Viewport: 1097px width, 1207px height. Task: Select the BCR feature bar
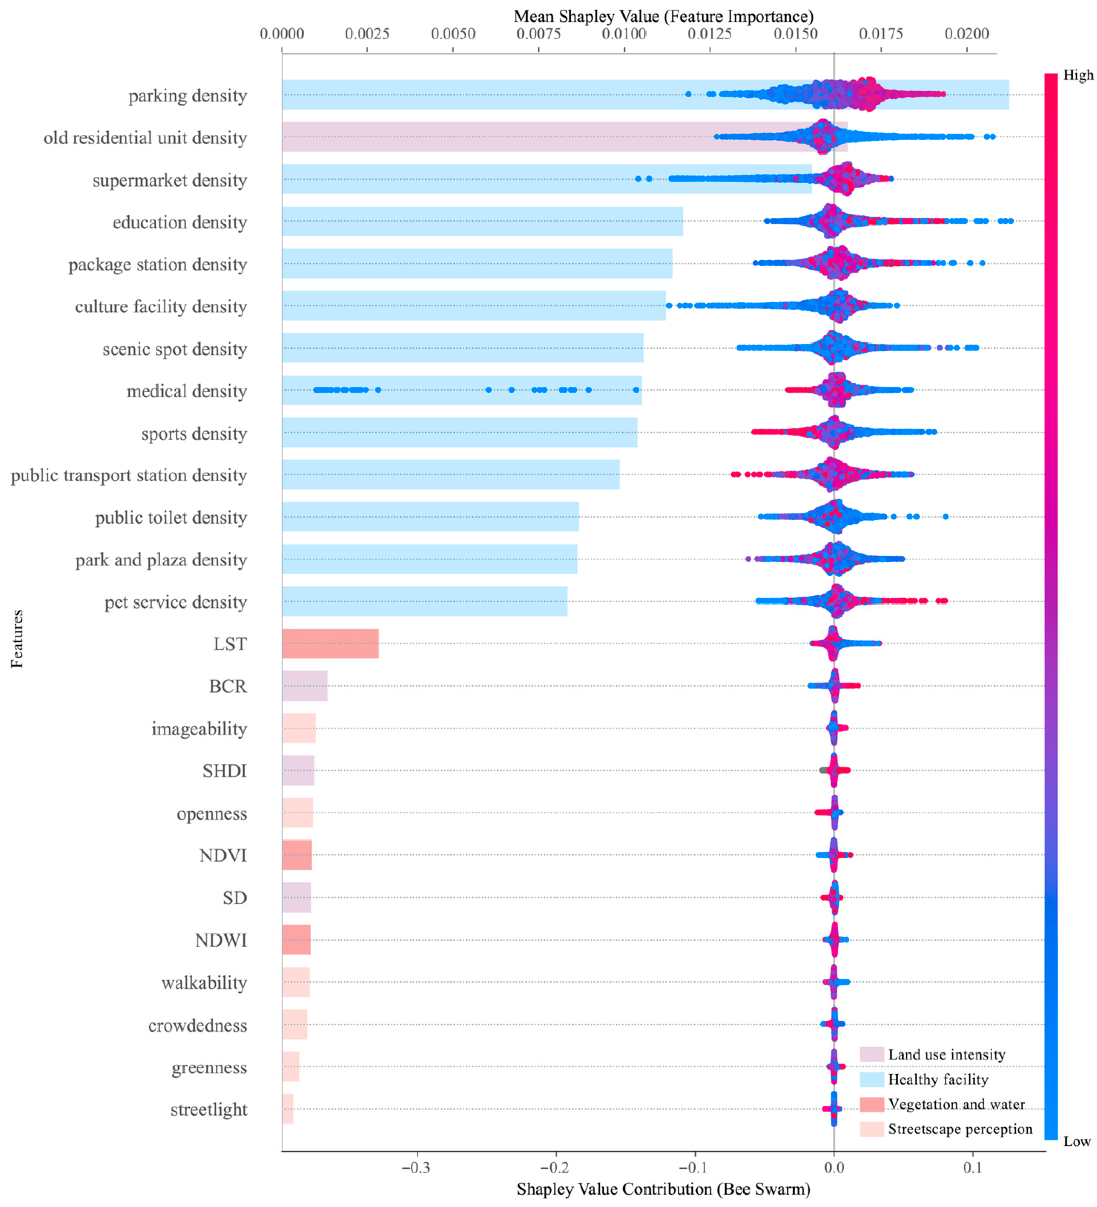(304, 686)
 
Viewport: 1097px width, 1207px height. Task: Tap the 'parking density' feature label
(187, 96)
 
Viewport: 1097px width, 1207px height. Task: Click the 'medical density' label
(187, 392)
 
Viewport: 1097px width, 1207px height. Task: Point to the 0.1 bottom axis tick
(973, 1167)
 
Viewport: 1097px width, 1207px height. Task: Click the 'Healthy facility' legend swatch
(871, 1080)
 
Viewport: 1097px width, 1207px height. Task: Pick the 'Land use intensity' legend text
(946, 1055)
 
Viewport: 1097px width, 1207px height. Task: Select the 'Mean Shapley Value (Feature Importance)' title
(663, 16)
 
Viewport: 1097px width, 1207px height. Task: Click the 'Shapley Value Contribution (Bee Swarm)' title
(663, 1189)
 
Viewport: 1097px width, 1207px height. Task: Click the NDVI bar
(296, 855)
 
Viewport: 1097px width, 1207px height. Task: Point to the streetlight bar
(287, 1109)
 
